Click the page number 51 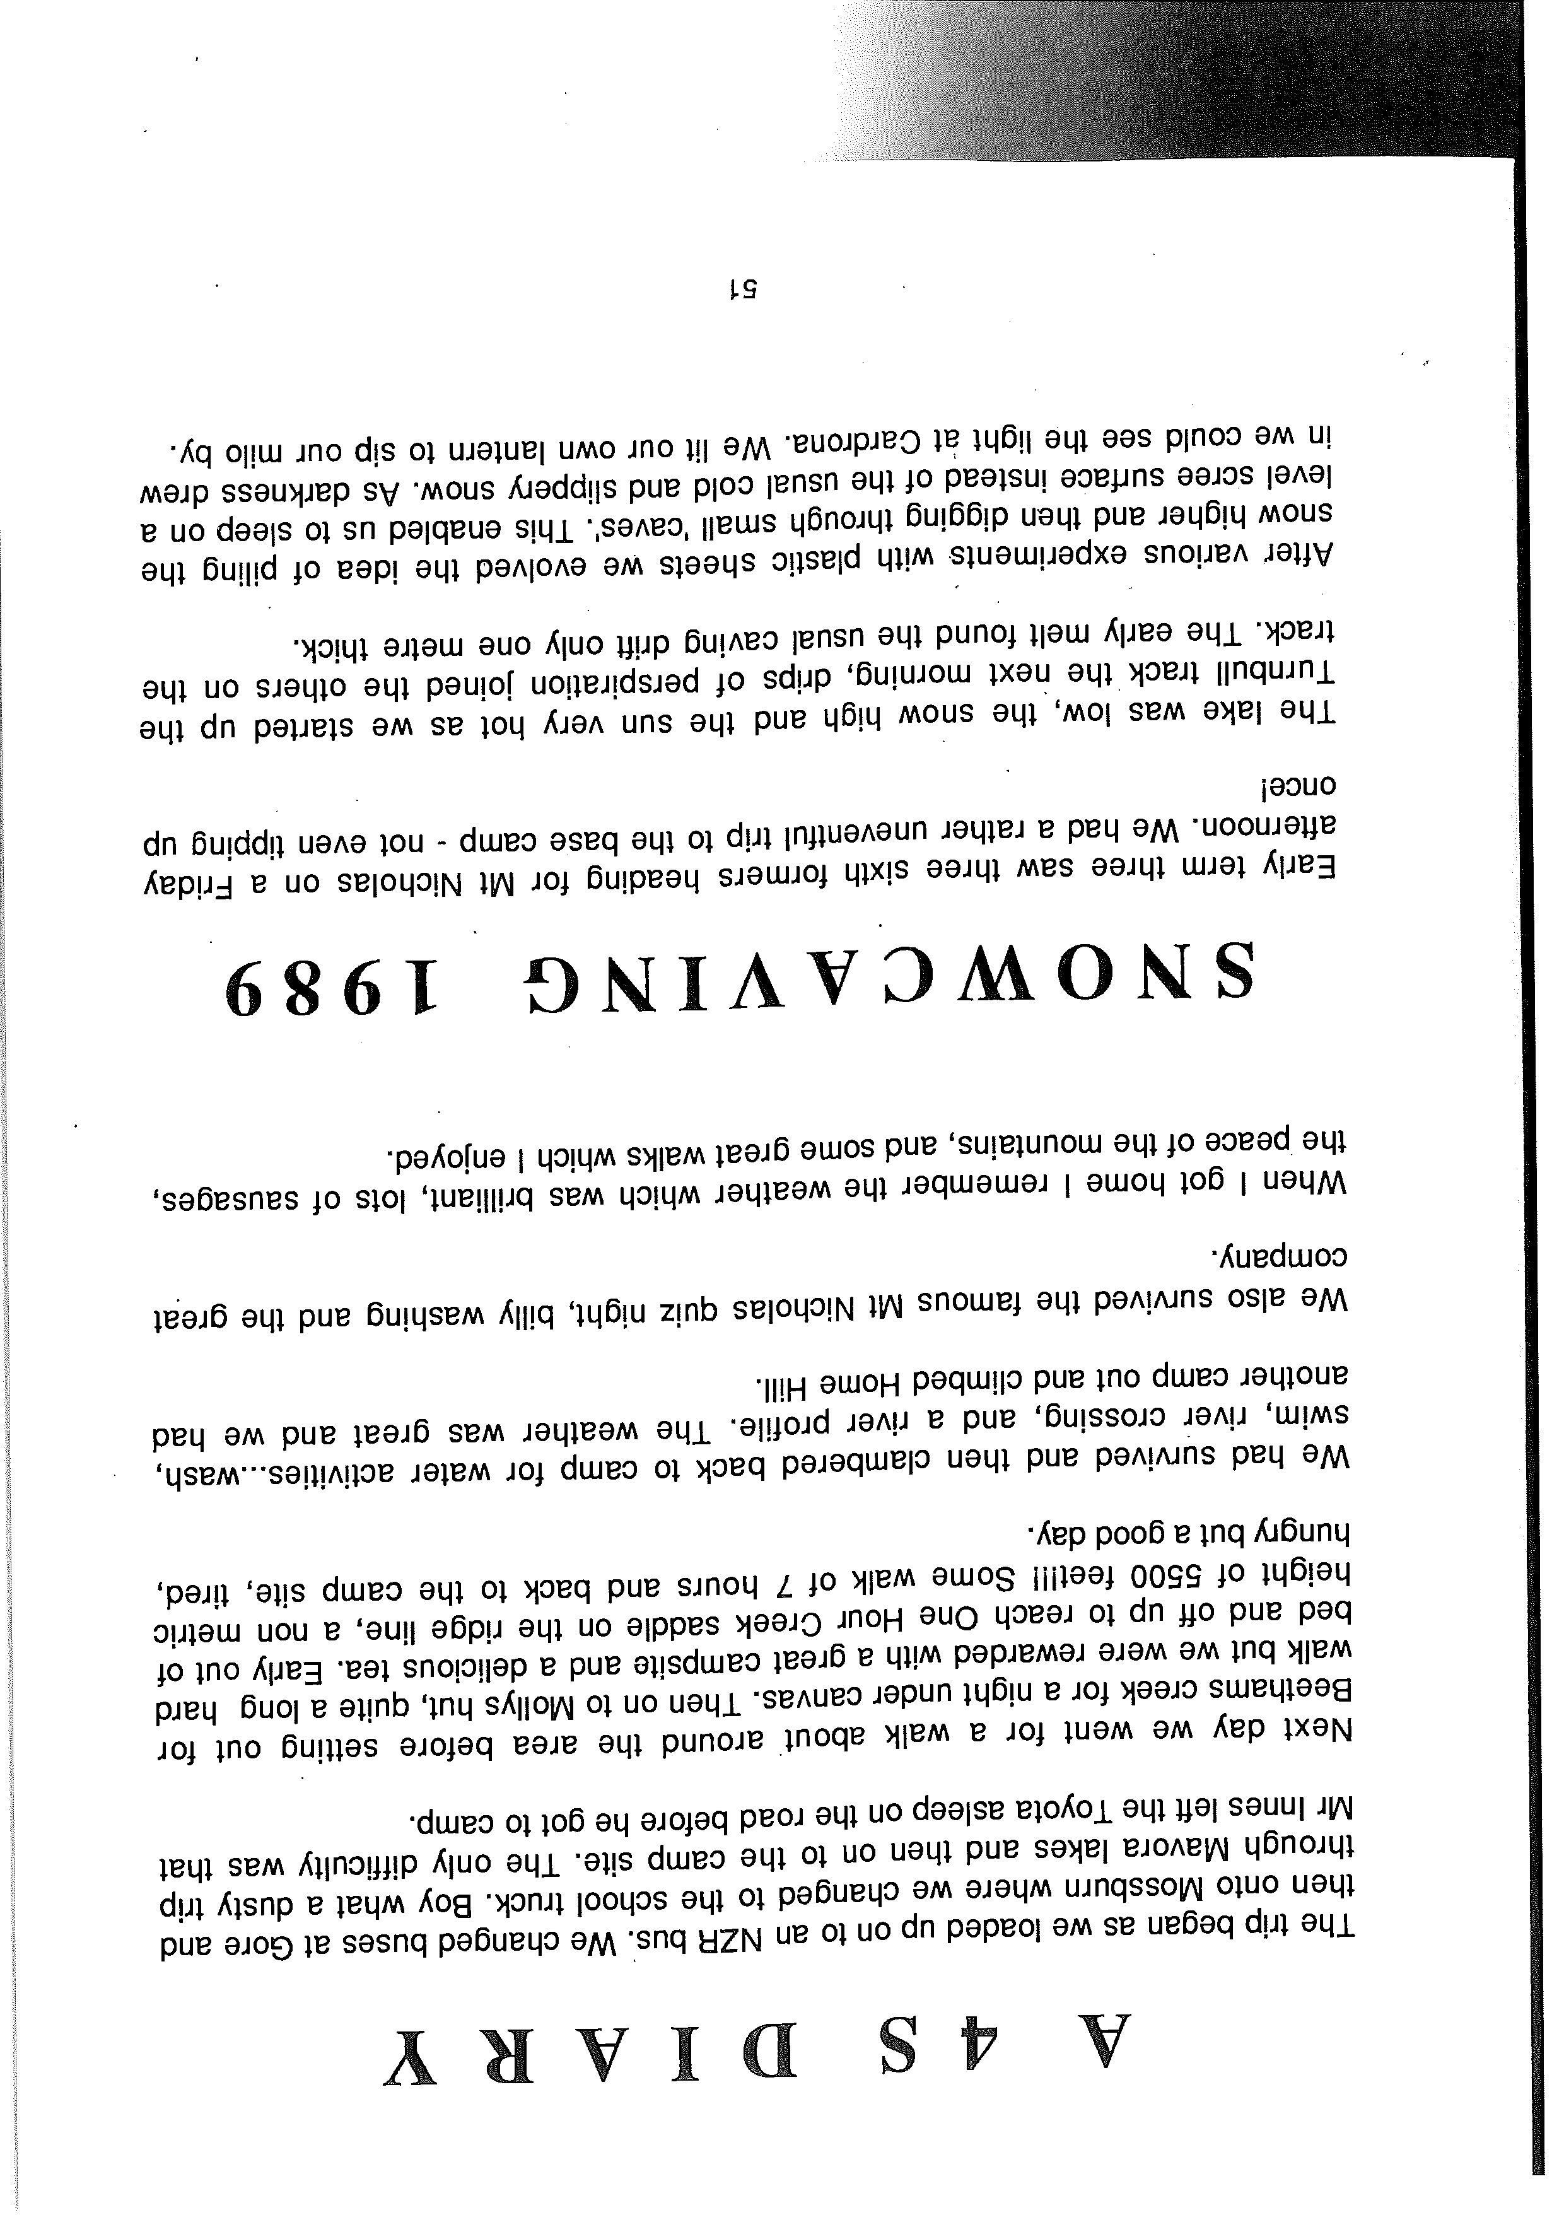[x=745, y=288]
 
